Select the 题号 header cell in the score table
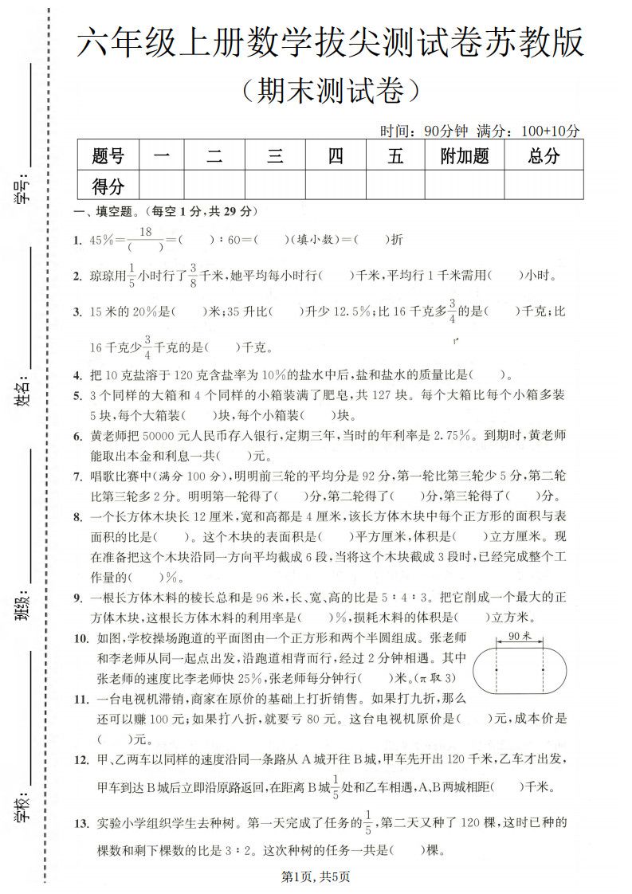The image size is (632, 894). [x=108, y=156]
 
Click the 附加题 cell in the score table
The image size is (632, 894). [x=464, y=156]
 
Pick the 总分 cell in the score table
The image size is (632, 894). [x=544, y=156]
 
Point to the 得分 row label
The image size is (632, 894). [x=108, y=186]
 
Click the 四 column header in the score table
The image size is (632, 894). [x=336, y=156]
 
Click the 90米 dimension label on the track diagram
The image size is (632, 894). [x=519, y=635]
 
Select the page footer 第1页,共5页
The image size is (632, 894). [x=316, y=876]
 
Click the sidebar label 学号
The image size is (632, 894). [x=22, y=190]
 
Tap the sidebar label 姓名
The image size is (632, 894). [x=22, y=391]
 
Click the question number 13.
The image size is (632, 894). [x=80, y=821]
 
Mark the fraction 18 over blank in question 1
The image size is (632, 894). [x=145, y=239]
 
